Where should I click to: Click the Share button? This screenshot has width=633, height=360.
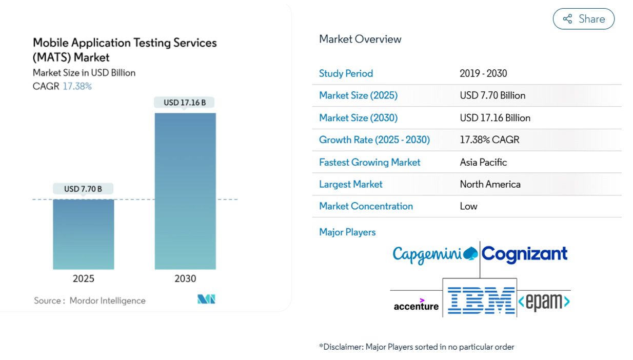click(x=583, y=19)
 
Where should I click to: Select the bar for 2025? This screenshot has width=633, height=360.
click(x=84, y=234)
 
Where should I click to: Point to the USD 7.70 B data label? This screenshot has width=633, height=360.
click(x=83, y=189)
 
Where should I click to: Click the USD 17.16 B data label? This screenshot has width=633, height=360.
click(x=185, y=103)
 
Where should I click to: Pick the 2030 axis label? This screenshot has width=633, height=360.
click(x=185, y=278)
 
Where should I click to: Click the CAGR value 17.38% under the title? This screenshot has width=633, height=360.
click(x=77, y=86)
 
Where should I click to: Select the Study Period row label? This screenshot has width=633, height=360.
click(x=346, y=73)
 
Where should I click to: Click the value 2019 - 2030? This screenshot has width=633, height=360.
click(x=483, y=73)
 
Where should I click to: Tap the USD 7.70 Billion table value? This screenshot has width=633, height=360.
click(x=492, y=95)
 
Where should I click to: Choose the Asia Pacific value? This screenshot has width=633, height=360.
click(x=483, y=162)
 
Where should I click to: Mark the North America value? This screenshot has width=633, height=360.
click(x=490, y=184)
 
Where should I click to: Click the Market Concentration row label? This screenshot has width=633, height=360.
click(x=366, y=206)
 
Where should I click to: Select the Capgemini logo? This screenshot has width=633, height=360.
click(x=435, y=254)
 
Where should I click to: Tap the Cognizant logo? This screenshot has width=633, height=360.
click(x=525, y=253)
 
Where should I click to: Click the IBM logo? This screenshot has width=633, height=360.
click(x=481, y=301)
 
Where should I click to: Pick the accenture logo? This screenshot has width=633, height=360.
click(x=416, y=305)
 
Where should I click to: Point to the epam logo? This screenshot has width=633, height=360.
click(x=544, y=302)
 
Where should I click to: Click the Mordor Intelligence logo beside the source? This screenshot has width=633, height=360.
click(x=206, y=299)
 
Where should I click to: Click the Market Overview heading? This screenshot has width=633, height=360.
click(x=360, y=39)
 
